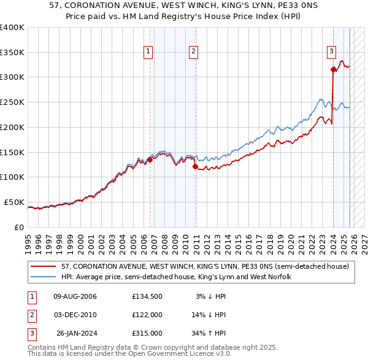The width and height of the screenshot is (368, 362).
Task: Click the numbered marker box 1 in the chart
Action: point(148,52)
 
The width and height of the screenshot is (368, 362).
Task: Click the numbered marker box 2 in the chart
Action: point(193,52)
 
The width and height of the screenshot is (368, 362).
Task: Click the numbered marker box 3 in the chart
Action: point(331,52)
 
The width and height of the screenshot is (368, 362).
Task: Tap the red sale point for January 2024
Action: point(333,70)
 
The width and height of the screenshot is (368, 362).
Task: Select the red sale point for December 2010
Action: point(195,166)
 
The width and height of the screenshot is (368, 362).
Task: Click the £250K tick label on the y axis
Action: point(12,102)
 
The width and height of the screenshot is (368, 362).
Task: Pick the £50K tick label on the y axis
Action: point(13,202)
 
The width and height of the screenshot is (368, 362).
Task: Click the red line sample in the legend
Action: point(44,266)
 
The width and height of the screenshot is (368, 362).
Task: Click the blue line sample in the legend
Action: point(44,277)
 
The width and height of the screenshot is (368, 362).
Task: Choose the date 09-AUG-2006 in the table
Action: point(75,296)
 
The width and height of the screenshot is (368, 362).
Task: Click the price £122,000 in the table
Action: point(147,315)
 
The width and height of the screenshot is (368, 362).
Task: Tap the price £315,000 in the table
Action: point(147,333)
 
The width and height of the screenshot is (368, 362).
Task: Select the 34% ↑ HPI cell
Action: point(210,333)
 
